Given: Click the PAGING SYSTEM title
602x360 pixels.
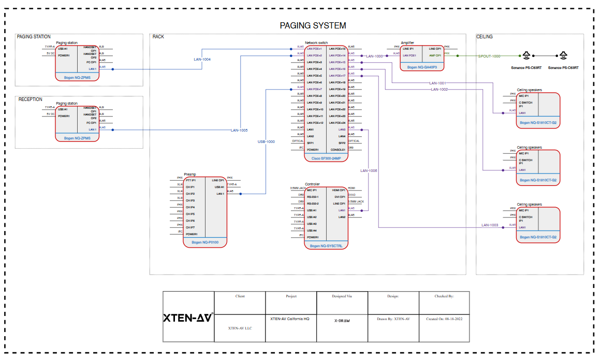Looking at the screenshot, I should [x=313, y=25].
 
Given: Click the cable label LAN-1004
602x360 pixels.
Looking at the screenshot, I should [x=202, y=59].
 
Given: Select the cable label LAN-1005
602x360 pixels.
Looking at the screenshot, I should [x=239, y=130].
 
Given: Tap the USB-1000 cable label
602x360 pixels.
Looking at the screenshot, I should [x=266, y=141].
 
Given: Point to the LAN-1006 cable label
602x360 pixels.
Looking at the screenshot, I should [x=369, y=170].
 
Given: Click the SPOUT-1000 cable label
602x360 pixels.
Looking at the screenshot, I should [x=489, y=56].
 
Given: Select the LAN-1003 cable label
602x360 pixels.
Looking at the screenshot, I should [x=490, y=225].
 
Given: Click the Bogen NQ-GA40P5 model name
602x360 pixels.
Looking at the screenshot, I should [x=422, y=67].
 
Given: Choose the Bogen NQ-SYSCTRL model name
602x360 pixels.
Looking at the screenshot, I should [x=326, y=246].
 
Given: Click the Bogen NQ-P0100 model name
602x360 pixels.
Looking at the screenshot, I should [x=205, y=242].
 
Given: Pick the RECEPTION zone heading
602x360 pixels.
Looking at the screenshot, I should [x=31, y=99].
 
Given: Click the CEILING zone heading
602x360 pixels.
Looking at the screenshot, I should [x=484, y=37].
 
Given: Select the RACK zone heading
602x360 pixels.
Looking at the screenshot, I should [x=158, y=37].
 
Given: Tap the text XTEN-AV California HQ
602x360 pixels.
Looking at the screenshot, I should [x=290, y=319].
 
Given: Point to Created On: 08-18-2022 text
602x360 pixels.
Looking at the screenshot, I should [x=444, y=319].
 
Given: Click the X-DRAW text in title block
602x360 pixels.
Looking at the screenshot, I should [x=342, y=321].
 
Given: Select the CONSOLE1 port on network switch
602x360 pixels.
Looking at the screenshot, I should [x=338, y=150].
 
